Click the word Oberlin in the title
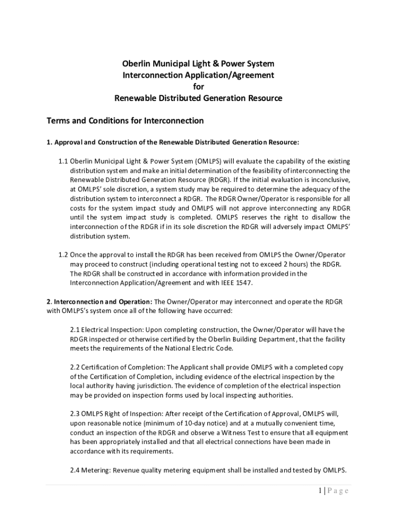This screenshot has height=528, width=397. point(135,64)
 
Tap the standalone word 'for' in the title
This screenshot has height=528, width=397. point(198,87)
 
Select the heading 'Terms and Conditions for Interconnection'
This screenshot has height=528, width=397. point(125,121)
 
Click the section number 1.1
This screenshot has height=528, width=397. point(63,161)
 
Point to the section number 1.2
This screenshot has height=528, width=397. point(63,255)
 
